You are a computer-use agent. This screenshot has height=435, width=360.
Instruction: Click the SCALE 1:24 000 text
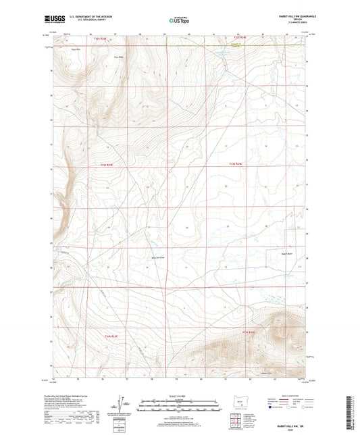pyautogui.click(x=180, y=395)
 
